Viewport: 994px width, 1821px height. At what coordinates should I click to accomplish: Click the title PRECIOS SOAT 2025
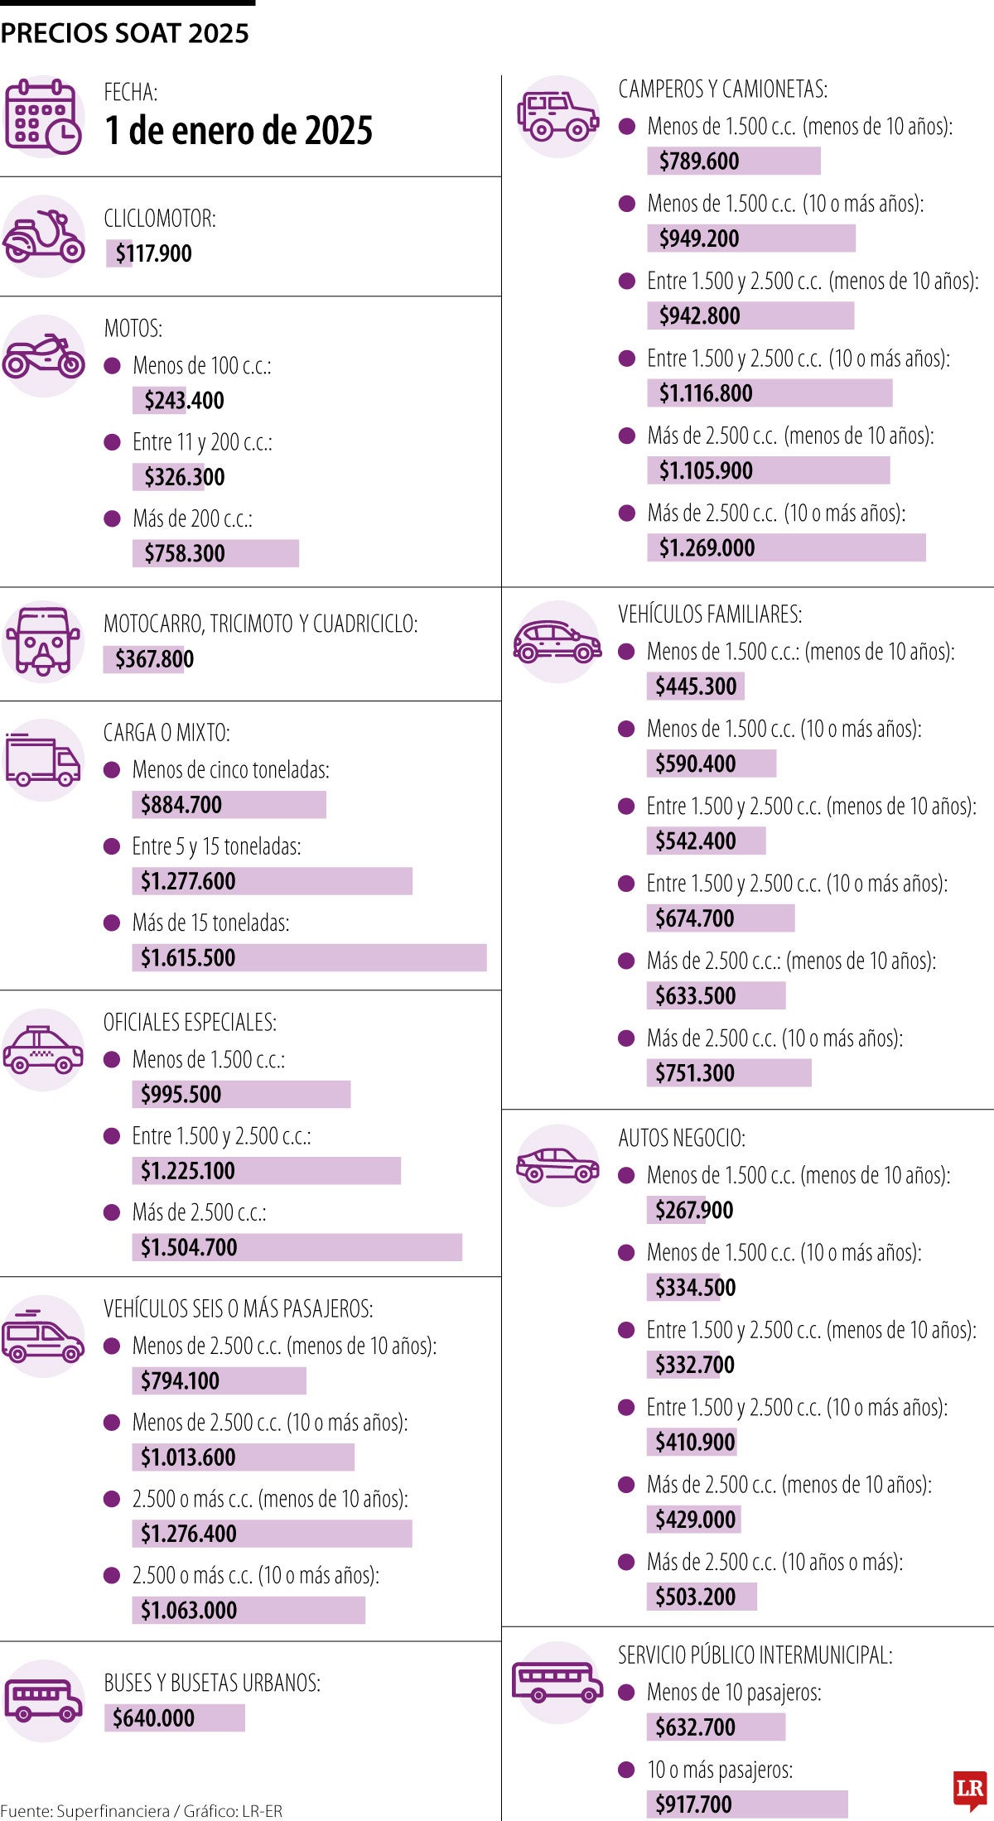pos(124,33)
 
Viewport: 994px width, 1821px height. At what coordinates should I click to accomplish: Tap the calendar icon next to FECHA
pos(43,117)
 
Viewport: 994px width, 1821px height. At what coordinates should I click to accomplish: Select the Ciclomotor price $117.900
pos(154,253)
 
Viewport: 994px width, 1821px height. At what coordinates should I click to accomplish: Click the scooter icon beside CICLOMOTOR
pos(43,236)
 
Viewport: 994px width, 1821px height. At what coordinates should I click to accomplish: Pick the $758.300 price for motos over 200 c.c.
pos(185,553)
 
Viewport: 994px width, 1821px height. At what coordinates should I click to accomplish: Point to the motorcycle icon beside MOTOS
pos(43,356)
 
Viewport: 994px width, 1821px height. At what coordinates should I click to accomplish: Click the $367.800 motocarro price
pos(155,659)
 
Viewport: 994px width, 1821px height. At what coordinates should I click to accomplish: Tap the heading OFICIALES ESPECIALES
pos(190,1023)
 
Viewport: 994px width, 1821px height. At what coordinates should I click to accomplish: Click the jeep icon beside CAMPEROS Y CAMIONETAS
pos(557,116)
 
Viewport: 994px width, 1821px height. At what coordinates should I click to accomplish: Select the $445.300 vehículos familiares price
pos(696,686)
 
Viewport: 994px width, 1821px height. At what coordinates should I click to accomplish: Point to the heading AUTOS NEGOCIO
pos(682,1138)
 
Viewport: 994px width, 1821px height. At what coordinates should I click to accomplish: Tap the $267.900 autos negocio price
pos(694,1211)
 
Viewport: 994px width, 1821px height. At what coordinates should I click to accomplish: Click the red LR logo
pos(970,1790)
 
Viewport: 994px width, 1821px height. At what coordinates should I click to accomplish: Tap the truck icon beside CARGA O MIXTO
pos(43,760)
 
